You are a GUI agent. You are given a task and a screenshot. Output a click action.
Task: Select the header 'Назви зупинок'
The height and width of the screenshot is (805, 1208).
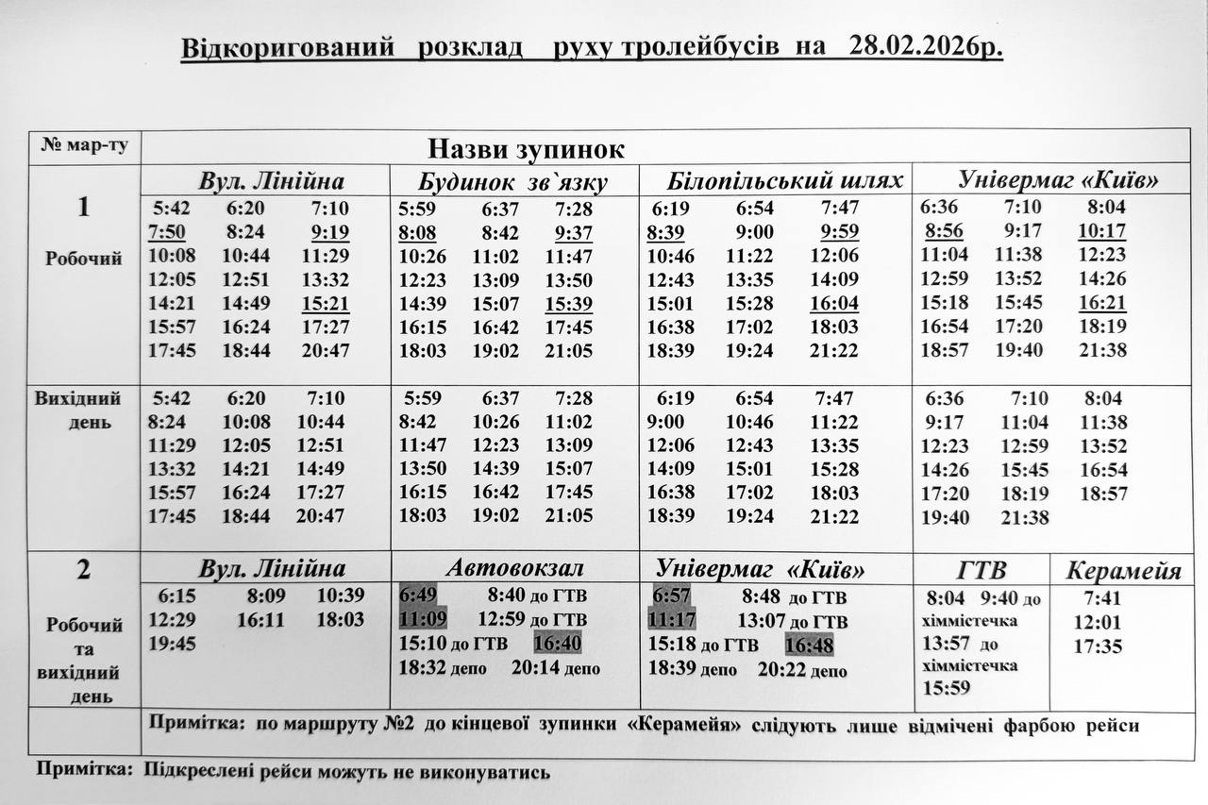tap(527, 149)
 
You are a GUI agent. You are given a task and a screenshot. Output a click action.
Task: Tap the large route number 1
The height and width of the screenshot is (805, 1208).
tap(84, 207)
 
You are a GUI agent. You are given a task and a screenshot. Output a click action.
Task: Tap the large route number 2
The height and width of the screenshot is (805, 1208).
tap(84, 571)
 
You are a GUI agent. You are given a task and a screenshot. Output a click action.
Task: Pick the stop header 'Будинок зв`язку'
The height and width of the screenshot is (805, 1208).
tap(512, 182)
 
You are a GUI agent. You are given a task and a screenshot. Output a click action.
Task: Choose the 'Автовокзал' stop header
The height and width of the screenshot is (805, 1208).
tap(515, 569)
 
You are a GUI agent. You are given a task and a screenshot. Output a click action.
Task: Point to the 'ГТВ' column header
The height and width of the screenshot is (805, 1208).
tap(981, 571)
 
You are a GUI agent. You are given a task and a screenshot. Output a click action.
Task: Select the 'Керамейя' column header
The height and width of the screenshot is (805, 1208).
tap(1124, 571)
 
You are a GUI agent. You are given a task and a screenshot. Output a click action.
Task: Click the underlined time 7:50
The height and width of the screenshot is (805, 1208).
tap(166, 232)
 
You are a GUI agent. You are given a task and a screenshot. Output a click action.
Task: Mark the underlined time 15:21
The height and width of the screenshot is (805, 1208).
tap(326, 304)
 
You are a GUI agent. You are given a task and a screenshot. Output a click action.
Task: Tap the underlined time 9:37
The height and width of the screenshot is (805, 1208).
tap(574, 232)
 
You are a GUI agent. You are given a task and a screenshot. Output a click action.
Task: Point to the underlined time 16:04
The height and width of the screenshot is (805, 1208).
tap(834, 304)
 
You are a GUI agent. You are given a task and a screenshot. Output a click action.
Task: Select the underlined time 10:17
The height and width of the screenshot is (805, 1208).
tap(1101, 232)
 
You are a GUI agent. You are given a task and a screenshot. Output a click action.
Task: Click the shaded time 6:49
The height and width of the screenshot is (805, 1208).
tap(417, 595)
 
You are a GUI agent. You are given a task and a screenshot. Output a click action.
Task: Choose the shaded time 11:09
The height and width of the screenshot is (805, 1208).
tap(422, 620)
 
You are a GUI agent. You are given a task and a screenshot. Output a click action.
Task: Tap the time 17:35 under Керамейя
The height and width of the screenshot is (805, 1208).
tap(1098, 647)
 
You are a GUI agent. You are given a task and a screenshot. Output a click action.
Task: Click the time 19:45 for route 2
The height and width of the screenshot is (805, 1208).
tap(172, 644)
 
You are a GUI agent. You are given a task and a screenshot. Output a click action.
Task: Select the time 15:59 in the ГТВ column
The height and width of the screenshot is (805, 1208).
tap(947, 688)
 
